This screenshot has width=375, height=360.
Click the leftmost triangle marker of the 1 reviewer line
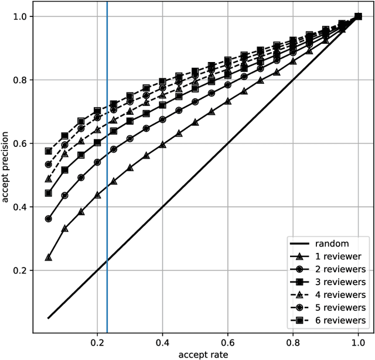point(49,258)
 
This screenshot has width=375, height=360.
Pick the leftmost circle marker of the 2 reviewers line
point(49,219)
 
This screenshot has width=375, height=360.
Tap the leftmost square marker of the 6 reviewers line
point(49,151)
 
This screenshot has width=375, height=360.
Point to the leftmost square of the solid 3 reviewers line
point(49,193)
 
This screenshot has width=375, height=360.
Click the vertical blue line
point(107,176)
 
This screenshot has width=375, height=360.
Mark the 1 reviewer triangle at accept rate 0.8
point(293,60)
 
